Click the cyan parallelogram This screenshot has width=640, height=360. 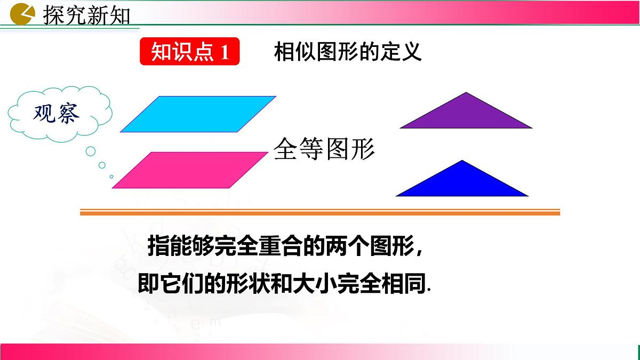tap(198, 114)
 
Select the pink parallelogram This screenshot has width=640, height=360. tap(189, 170)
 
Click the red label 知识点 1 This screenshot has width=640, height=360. tap(189, 52)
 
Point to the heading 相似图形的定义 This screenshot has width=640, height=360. tap(348, 52)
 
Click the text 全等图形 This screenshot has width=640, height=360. tap(324, 149)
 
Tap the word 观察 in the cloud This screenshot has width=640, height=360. tap(57, 113)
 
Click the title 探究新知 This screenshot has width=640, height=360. tap(86, 15)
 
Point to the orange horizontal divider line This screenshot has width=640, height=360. tap(320, 213)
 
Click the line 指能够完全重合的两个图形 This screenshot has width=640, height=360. tap(286, 247)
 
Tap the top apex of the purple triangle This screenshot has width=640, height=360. tap(467, 93)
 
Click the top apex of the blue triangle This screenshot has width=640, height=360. tap(462, 161)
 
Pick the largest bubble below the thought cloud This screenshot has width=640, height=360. tap(91, 151)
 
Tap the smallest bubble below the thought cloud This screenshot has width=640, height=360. tap(111, 177)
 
